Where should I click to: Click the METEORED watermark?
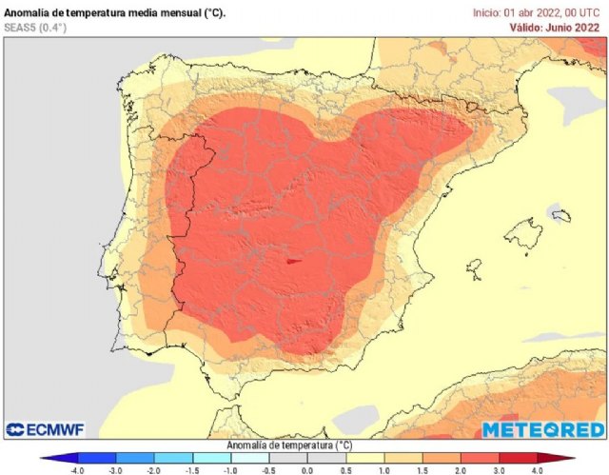[x=541, y=430]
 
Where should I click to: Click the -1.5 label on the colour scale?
[x=191, y=469]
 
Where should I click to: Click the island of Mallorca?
[x=525, y=232]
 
